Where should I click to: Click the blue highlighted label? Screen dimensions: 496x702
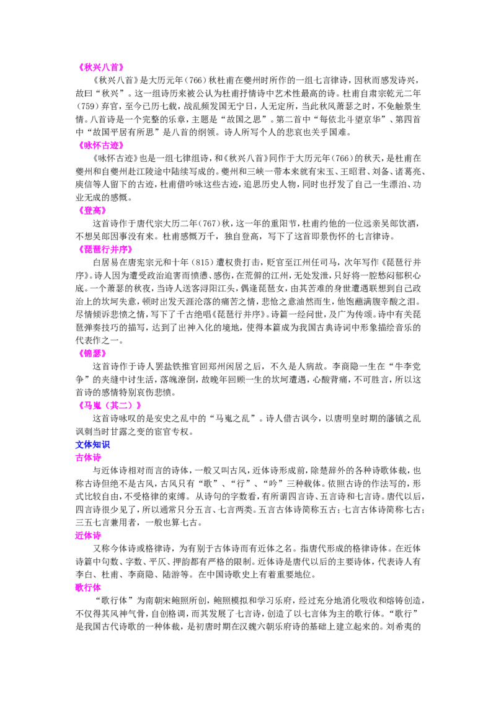93,444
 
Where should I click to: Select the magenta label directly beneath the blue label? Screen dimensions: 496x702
88,458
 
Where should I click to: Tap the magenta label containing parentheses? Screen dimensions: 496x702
111,406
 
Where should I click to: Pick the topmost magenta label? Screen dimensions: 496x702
102,67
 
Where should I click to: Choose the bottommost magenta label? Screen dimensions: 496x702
88,587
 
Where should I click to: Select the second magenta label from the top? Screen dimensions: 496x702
102,146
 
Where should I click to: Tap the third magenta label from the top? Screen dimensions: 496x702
94,211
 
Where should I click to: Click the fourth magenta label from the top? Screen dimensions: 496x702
106,249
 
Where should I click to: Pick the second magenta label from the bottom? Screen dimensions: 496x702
89,536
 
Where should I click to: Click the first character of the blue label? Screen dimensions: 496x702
77,444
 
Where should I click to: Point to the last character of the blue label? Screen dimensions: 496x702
108,444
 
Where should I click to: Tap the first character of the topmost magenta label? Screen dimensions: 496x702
83,67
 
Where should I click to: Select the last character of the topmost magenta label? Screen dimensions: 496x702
120,67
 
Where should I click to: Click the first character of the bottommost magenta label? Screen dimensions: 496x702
78,587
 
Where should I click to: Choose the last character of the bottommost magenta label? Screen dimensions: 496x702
99,587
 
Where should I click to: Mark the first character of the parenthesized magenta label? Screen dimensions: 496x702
83,406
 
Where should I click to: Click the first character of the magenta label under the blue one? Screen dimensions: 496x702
78,458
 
